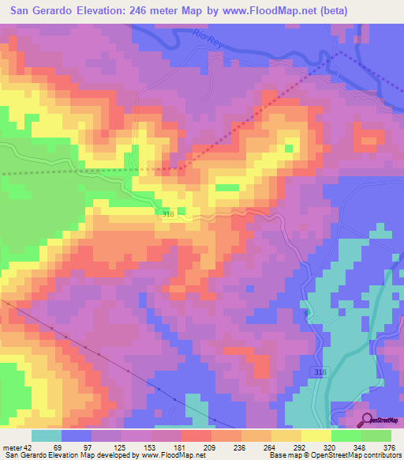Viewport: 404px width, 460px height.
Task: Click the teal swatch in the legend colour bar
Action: pos(47,435)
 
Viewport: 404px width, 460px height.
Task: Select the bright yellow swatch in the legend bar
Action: pos(316,435)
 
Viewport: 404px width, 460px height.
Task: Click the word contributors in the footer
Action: pos(380,455)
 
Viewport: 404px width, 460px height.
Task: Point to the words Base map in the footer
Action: pos(282,455)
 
